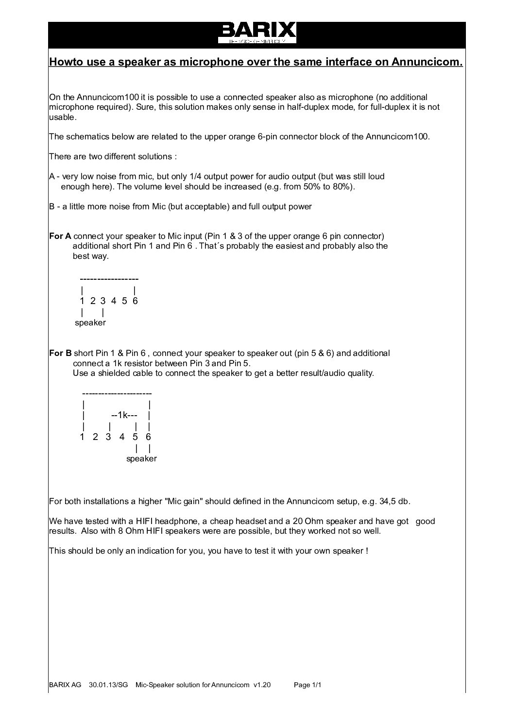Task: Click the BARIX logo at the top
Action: tap(257, 33)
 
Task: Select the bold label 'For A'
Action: tap(60, 236)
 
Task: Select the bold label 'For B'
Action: tap(60, 353)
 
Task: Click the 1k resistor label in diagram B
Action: tap(120, 415)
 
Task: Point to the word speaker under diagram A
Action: tap(90, 322)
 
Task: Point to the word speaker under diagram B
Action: tap(141, 458)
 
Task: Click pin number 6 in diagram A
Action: tap(135, 301)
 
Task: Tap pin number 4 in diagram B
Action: tap(122, 437)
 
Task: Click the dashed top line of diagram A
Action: tap(109, 279)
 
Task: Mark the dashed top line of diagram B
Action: tap(117, 393)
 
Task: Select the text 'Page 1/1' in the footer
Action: tap(308, 685)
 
